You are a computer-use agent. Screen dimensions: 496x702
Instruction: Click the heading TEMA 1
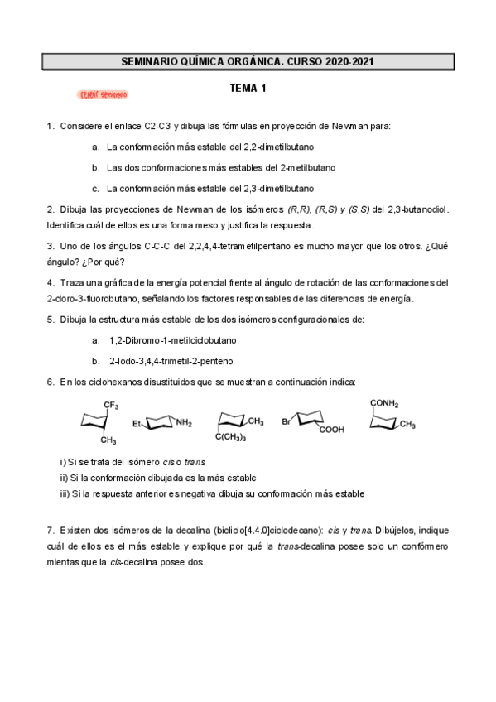[248, 88]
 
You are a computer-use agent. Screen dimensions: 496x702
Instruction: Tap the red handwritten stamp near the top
[104, 95]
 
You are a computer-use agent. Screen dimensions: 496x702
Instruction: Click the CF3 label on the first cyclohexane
[111, 404]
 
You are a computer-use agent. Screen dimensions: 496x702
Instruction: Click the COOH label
[331, 430]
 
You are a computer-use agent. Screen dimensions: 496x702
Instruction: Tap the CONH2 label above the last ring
[384, 404]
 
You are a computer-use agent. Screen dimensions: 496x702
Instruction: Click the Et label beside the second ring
[137, 423]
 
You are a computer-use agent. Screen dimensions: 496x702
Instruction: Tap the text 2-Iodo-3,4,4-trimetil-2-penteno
[171, 361]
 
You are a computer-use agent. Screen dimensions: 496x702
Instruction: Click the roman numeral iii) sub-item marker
[65, 493]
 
